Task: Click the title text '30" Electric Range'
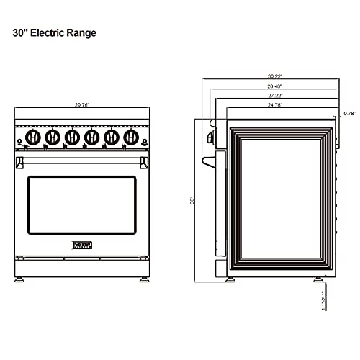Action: [54, 33]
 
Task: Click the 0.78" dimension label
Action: [349, 113]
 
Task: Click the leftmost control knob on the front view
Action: [33, 137]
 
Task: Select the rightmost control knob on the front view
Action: [130, 137]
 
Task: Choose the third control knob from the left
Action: [72, 137]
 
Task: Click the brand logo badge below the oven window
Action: [81, 246]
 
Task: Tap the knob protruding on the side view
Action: [211, 136]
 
